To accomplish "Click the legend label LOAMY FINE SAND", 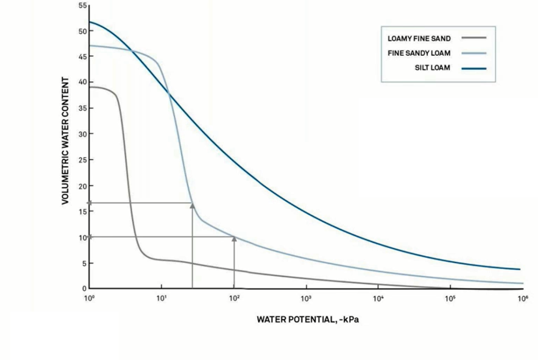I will pos(419,38).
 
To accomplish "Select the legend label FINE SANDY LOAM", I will pos(419,53).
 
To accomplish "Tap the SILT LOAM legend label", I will pos(432,68).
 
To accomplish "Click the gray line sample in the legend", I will pos(474,38).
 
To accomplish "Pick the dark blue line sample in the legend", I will pos(474,68).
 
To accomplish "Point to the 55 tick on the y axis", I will pos(83,5).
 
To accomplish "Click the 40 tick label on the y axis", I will pos(83,82).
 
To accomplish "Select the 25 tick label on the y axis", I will pos(83,160).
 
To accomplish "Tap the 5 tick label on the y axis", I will pos(84,263).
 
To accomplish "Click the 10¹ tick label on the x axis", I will pos(161,298).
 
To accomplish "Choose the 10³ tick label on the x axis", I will pos(306,298).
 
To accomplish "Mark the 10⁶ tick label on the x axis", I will pos(523,298).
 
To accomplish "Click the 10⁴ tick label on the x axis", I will pos(378,298).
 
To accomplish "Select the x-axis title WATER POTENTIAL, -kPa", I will pos(308,320).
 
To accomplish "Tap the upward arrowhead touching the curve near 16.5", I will pos(192,206).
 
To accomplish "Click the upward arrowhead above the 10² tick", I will pos(234,239).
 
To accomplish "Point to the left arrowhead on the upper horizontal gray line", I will pos(90,203).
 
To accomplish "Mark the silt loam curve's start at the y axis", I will pos(90,22).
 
